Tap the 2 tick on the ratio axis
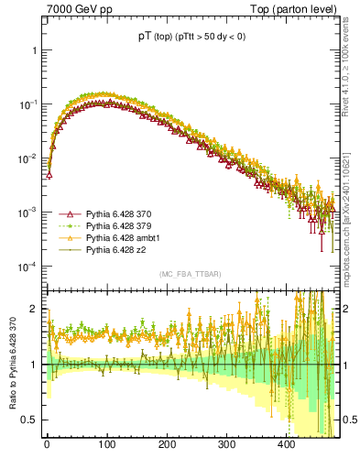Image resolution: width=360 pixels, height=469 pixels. (x=35, y=310)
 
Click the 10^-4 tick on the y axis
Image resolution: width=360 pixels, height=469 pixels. (x=27, y=267)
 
